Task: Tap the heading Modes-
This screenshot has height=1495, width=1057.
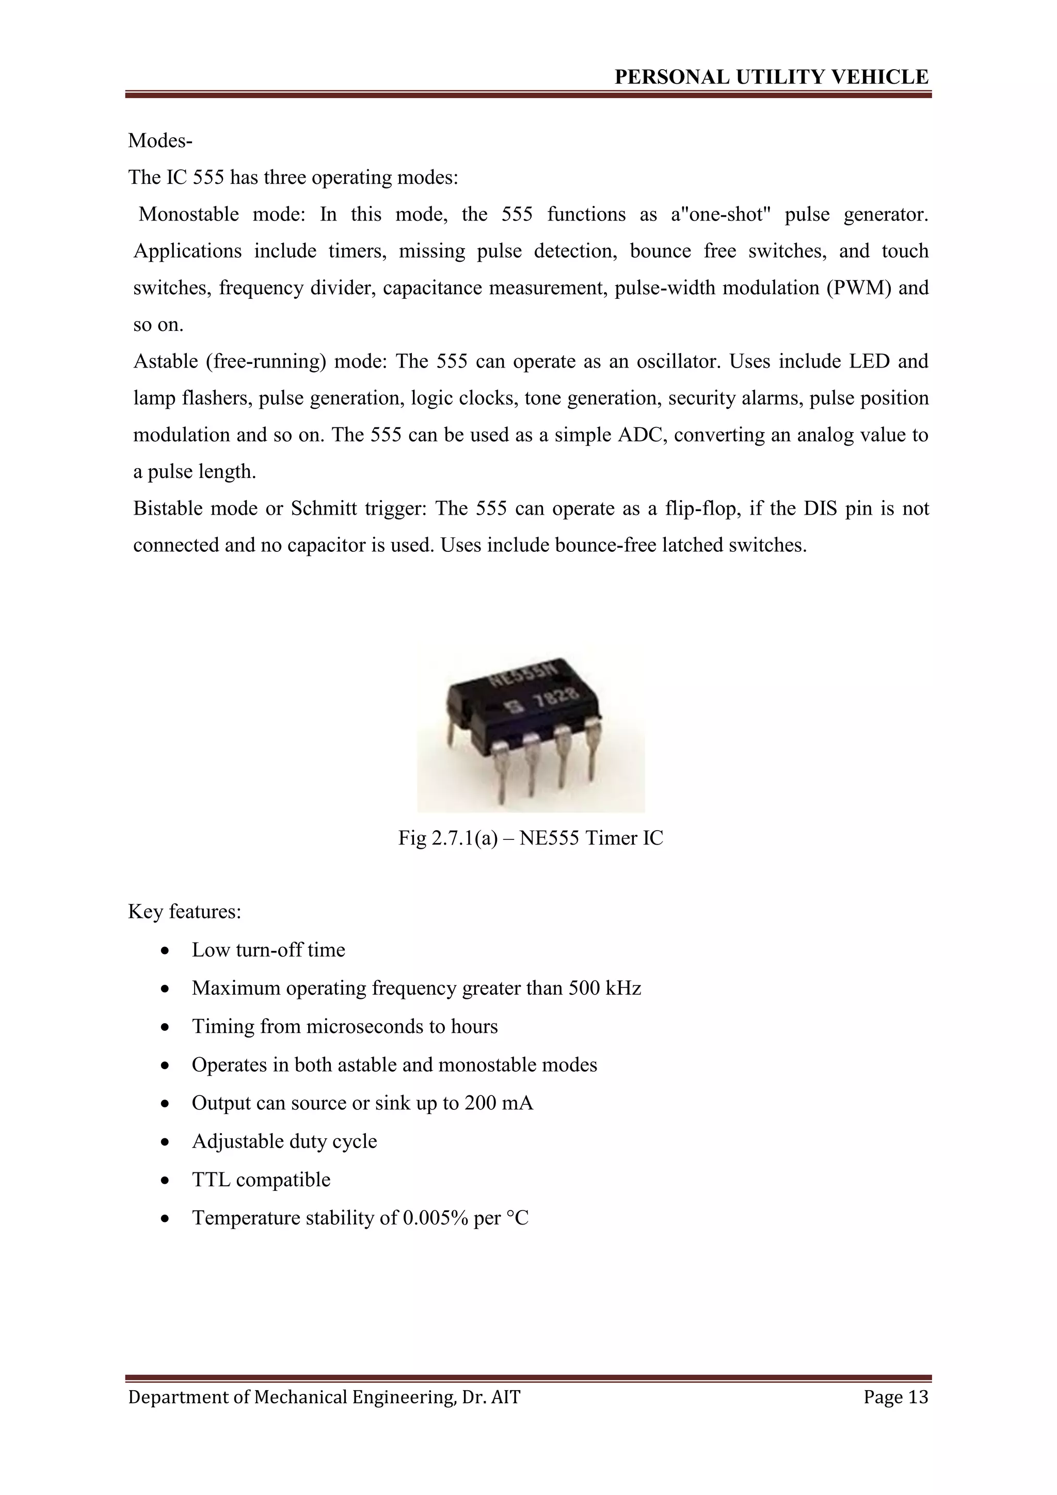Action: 160,140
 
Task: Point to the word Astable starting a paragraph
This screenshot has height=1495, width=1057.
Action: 165,361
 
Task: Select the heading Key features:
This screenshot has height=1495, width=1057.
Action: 185,912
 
